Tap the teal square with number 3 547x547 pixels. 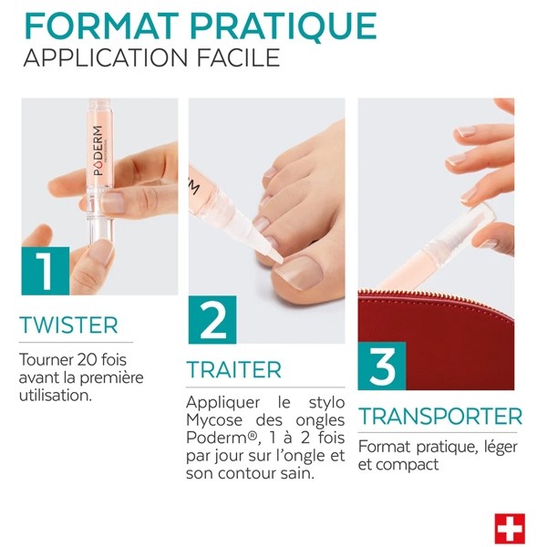[x=381, y=366]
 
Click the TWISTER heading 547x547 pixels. [x=68, y=325]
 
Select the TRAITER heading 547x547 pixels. [x=234, y=370]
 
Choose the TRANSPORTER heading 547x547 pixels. [x=439, y=418]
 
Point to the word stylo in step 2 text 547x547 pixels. [x=325, y=402]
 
